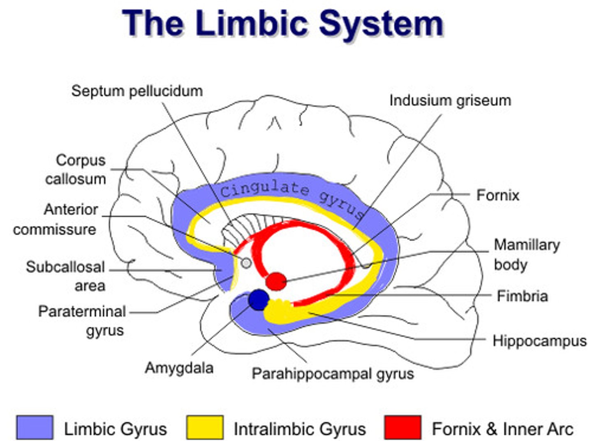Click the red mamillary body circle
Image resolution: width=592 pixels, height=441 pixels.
click(275, 282)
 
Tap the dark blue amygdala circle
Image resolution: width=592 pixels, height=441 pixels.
click(259, 300)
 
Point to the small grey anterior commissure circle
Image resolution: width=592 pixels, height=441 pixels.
click(246, 263)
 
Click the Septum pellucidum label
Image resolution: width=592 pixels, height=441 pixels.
click(137, 91)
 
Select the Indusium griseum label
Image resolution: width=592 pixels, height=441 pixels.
click(450, 100)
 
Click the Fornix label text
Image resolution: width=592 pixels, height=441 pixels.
click(497, 195)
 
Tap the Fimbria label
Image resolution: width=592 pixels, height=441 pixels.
click(522, 296)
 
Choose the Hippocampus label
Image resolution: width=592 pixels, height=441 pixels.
click(539, 341)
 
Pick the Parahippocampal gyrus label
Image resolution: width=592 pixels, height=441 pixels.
click(333, 373)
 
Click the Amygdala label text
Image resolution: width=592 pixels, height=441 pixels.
click(179, 367)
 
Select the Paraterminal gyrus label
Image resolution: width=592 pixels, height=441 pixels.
click(82, 320)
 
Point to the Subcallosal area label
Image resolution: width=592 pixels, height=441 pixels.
click(66, 276)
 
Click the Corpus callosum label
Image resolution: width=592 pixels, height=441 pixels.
click(76, 169)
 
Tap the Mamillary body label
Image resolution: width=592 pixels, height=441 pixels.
click(526, 254)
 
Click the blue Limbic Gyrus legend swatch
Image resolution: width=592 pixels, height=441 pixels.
click(35, 427)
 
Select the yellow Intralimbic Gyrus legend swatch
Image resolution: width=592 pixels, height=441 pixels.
click(205, 427)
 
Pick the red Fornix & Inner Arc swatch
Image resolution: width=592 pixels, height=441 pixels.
click(402, 427)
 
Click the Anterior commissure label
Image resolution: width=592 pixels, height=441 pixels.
click(56, 219)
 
